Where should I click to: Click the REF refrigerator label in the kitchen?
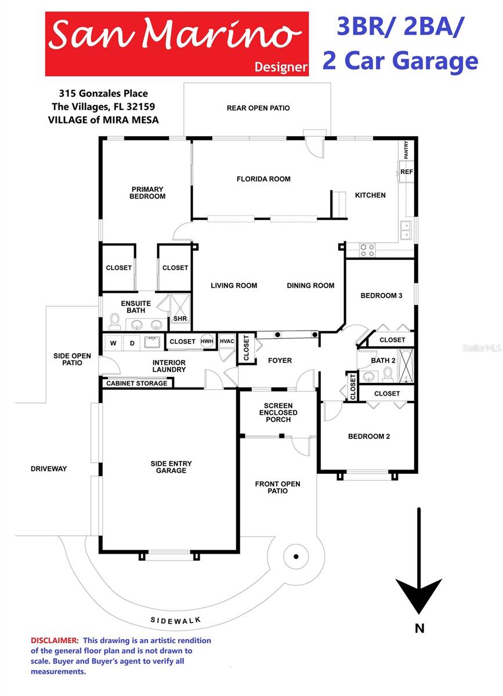406,172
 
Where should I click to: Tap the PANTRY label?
406,150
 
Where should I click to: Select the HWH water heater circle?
207,342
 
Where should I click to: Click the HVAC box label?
227,341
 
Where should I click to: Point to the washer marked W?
113,343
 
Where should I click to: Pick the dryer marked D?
132,343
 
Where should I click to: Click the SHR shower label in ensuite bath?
179,319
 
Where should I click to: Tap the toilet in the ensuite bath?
115,321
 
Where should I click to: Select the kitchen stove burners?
367,249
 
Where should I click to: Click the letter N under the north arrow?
419,628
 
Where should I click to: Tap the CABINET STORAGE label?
136,383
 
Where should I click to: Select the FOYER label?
280,361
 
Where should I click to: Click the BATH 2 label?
383,360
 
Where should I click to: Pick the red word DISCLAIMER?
55,640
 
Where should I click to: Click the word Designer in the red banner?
281,67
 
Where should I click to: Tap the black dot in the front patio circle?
296,557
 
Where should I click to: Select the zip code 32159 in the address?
142,107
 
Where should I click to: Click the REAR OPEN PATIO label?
258,108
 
